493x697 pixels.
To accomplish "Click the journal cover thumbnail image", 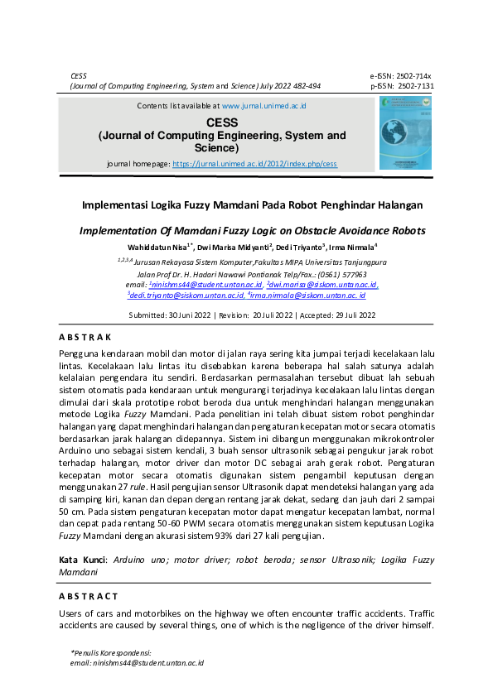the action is tap(405, 132).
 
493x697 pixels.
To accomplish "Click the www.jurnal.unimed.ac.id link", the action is tap(264, 106).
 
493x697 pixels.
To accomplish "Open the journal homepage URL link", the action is tap(254, 164).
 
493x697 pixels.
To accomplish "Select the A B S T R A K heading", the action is tap(85, 337).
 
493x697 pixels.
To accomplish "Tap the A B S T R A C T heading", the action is tap(89, 596).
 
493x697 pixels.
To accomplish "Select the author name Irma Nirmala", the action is tap(351, 247).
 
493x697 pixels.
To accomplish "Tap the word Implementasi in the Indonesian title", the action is tap(114, 204).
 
